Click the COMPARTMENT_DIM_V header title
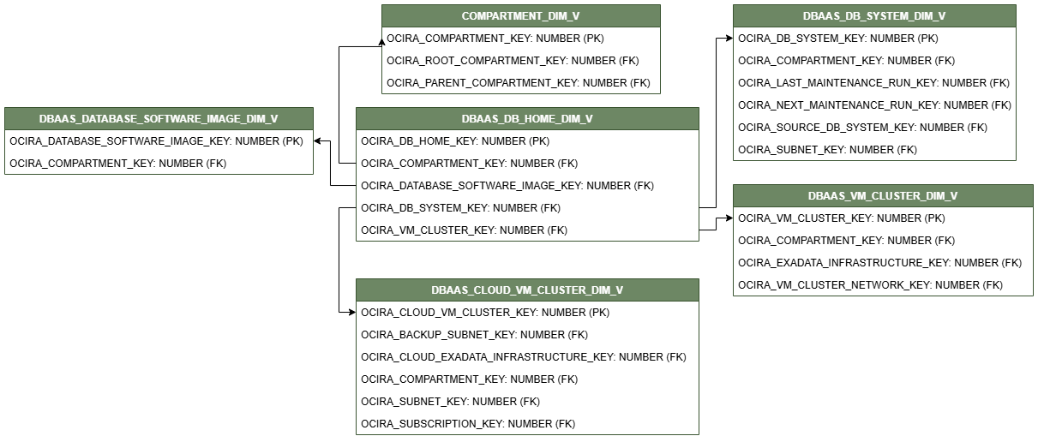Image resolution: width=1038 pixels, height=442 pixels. click(520, 16)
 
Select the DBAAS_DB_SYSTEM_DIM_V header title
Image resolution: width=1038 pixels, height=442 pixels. click(874, 16)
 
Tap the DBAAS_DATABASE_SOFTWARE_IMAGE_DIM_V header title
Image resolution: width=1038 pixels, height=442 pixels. click(159, 119)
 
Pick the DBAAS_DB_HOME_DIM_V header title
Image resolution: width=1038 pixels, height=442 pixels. click(527, 119)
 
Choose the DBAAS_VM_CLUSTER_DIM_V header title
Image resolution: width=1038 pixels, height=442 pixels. click(883, 196)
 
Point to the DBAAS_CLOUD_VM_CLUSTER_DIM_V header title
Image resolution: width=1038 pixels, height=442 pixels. click(527, 290)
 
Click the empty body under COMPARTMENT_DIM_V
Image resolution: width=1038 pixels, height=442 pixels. click(520, 60)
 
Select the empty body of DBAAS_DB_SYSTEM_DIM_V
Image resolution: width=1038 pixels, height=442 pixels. click(874, 93)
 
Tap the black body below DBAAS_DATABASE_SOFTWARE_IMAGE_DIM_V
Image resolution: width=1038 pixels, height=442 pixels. click(159, 152)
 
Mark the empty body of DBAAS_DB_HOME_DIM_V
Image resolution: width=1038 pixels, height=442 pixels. click(527, 185)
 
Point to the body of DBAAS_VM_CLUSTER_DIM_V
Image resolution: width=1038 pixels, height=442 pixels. click(883, 251)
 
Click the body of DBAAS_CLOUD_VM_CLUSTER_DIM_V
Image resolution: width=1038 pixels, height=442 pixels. click(527, 367)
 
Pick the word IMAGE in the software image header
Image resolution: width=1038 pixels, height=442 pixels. click(223, 119)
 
